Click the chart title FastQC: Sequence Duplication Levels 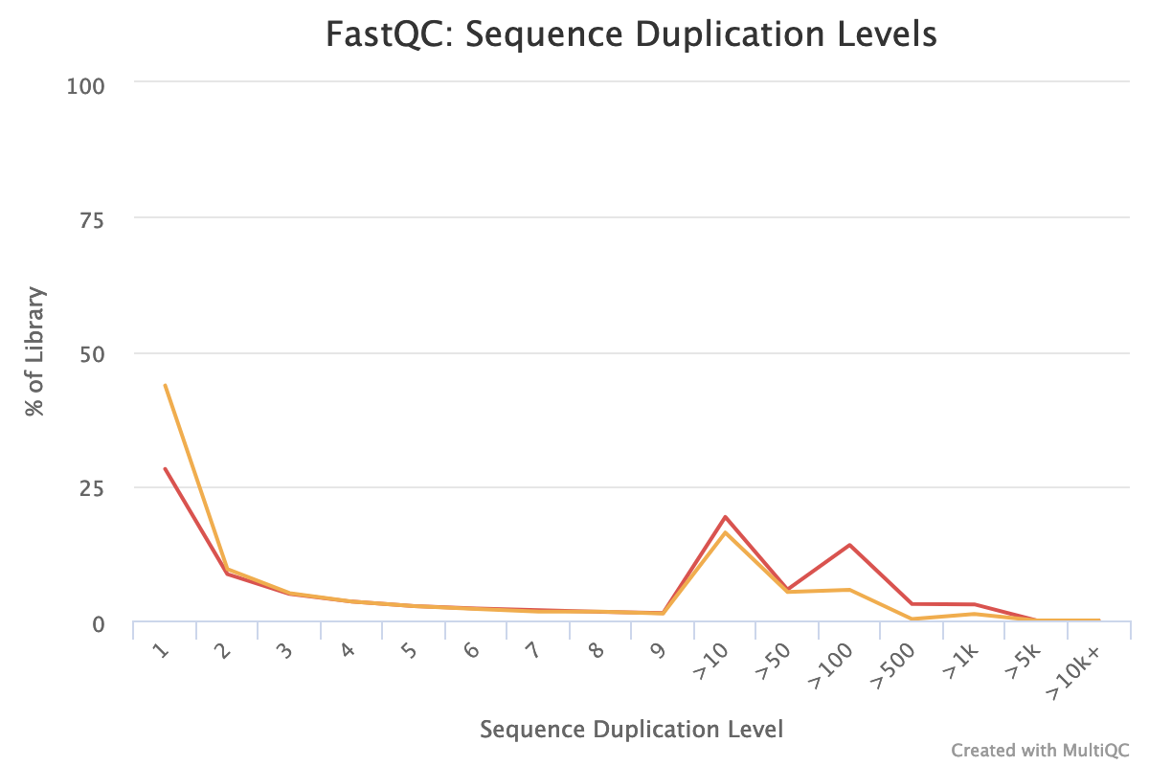[631, 35]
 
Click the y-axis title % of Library [35, 351]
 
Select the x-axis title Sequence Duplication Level [631, 730]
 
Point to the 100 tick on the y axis [85, 85]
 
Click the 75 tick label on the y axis [92, 219]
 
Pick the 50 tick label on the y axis [92, 353]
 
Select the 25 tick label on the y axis [92, 488]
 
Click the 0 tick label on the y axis [99, 623]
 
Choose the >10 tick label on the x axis [711, 659]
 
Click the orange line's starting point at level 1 [165, 385]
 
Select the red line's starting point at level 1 [165, 468]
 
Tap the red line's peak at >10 [726, 516]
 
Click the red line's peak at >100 [849, 545]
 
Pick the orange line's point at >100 [849, 590]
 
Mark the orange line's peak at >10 [726, 532]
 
